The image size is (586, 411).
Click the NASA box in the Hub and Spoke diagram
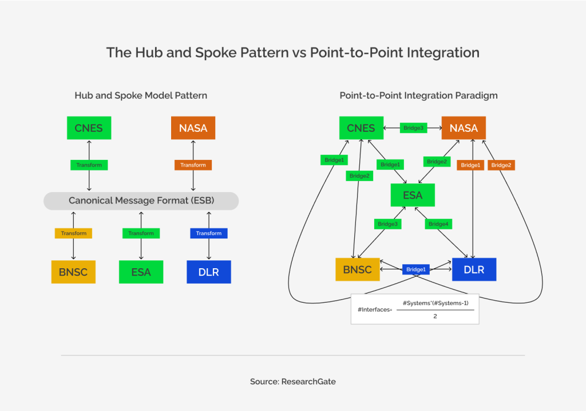pos(193,128)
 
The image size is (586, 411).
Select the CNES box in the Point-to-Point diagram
pos(361,128)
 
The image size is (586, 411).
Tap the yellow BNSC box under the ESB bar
pos(73,272)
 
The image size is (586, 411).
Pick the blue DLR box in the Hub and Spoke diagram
pos(209,272)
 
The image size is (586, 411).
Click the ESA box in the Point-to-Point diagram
pos(413,195)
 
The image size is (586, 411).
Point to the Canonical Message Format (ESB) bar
pos(141,201)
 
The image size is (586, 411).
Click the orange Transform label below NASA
pos(193,165)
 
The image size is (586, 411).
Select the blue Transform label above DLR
pos(209,233)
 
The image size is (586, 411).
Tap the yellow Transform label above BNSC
pos(73,233)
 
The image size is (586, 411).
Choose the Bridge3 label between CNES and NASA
pos(413,128)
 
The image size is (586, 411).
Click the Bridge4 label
pos(438,224)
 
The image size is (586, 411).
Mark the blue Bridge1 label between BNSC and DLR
pos(415,269)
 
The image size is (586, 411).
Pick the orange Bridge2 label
pos(501,165)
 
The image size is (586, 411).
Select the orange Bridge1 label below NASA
pos(470,165)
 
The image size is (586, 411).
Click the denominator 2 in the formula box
pos(435,316)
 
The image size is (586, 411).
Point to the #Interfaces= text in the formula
pos(371,310)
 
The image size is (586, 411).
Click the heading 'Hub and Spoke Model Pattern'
pos(141,96)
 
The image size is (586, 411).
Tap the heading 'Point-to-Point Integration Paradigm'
pos(418,96)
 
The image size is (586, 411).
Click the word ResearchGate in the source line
pos(308,381)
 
